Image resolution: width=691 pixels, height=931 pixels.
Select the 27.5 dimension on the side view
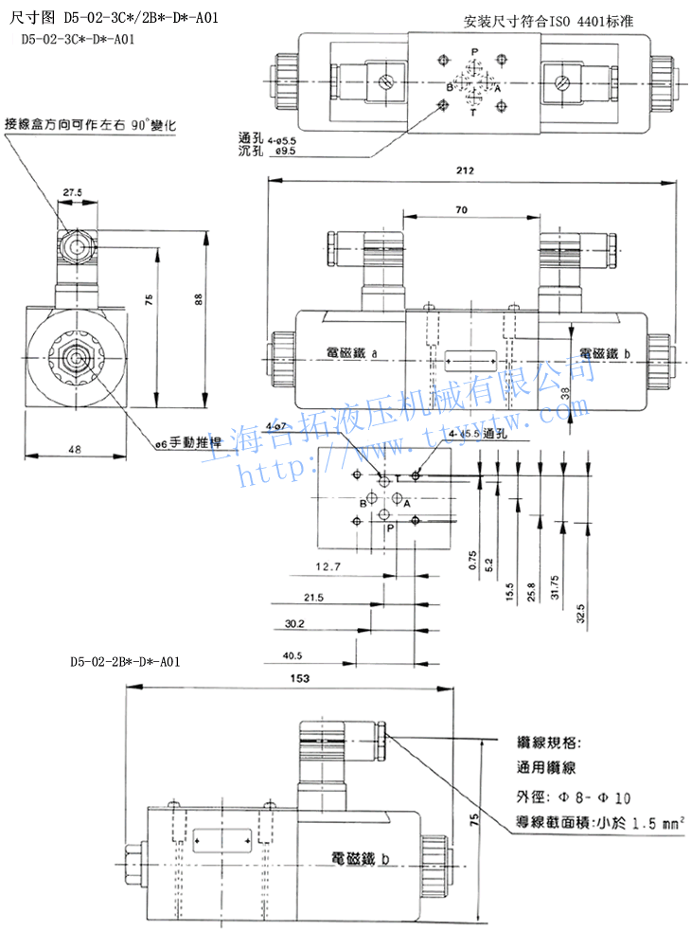pyautogui.click(x=73, y=192)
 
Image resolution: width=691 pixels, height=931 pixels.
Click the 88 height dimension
pyautogui.click(x=197, y=298)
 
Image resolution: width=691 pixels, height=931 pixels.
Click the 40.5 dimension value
pyautogui.click(x=292, y=654)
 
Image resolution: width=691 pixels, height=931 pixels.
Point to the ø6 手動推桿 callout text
pyautogui.click(x=189, y=442)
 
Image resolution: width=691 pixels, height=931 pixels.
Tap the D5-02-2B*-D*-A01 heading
pyautogui.click(x=124, y=661)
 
